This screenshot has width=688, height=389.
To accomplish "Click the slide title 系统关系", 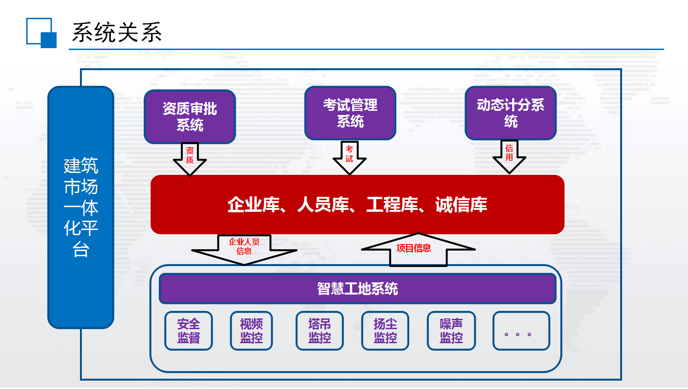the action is [x=117, y=32].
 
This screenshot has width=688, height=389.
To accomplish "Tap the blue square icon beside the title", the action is [x=42, y=33].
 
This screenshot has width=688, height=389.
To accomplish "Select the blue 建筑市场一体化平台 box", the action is [x=81, y=207].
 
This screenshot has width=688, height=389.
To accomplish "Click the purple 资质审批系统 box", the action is [x=190, y=117].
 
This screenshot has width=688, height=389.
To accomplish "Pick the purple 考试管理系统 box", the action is [x=350, y=113].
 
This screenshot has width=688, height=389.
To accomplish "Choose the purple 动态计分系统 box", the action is [x=510, y=113].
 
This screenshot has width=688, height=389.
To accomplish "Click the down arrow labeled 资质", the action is [x=190, y=159].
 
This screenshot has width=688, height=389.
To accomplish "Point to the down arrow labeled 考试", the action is [x=349, y=158].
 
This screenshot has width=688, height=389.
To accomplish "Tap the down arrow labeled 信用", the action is [x=509, y=157].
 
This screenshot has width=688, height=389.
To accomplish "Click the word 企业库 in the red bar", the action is [x=253, y=205].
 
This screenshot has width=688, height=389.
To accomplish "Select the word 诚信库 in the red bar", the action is [x=461, y=205].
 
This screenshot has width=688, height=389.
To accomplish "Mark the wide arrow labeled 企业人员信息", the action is [x=244, y=249].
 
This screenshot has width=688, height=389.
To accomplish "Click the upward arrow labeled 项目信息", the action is [x=418, y=249].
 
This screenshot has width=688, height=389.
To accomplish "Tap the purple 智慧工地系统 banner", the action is [x=357, y=288].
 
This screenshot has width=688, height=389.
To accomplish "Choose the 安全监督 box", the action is [x=188, y=331].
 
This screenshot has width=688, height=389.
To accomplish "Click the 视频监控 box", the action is [x=251, y=331].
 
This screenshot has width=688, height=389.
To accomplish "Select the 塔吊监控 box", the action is [x=319, y=331].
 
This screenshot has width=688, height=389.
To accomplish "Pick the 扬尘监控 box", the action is [x=385, y=331].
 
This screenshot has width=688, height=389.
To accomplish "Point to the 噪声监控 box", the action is [x=451, y=331].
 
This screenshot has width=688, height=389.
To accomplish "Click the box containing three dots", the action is [x=521, y=331].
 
